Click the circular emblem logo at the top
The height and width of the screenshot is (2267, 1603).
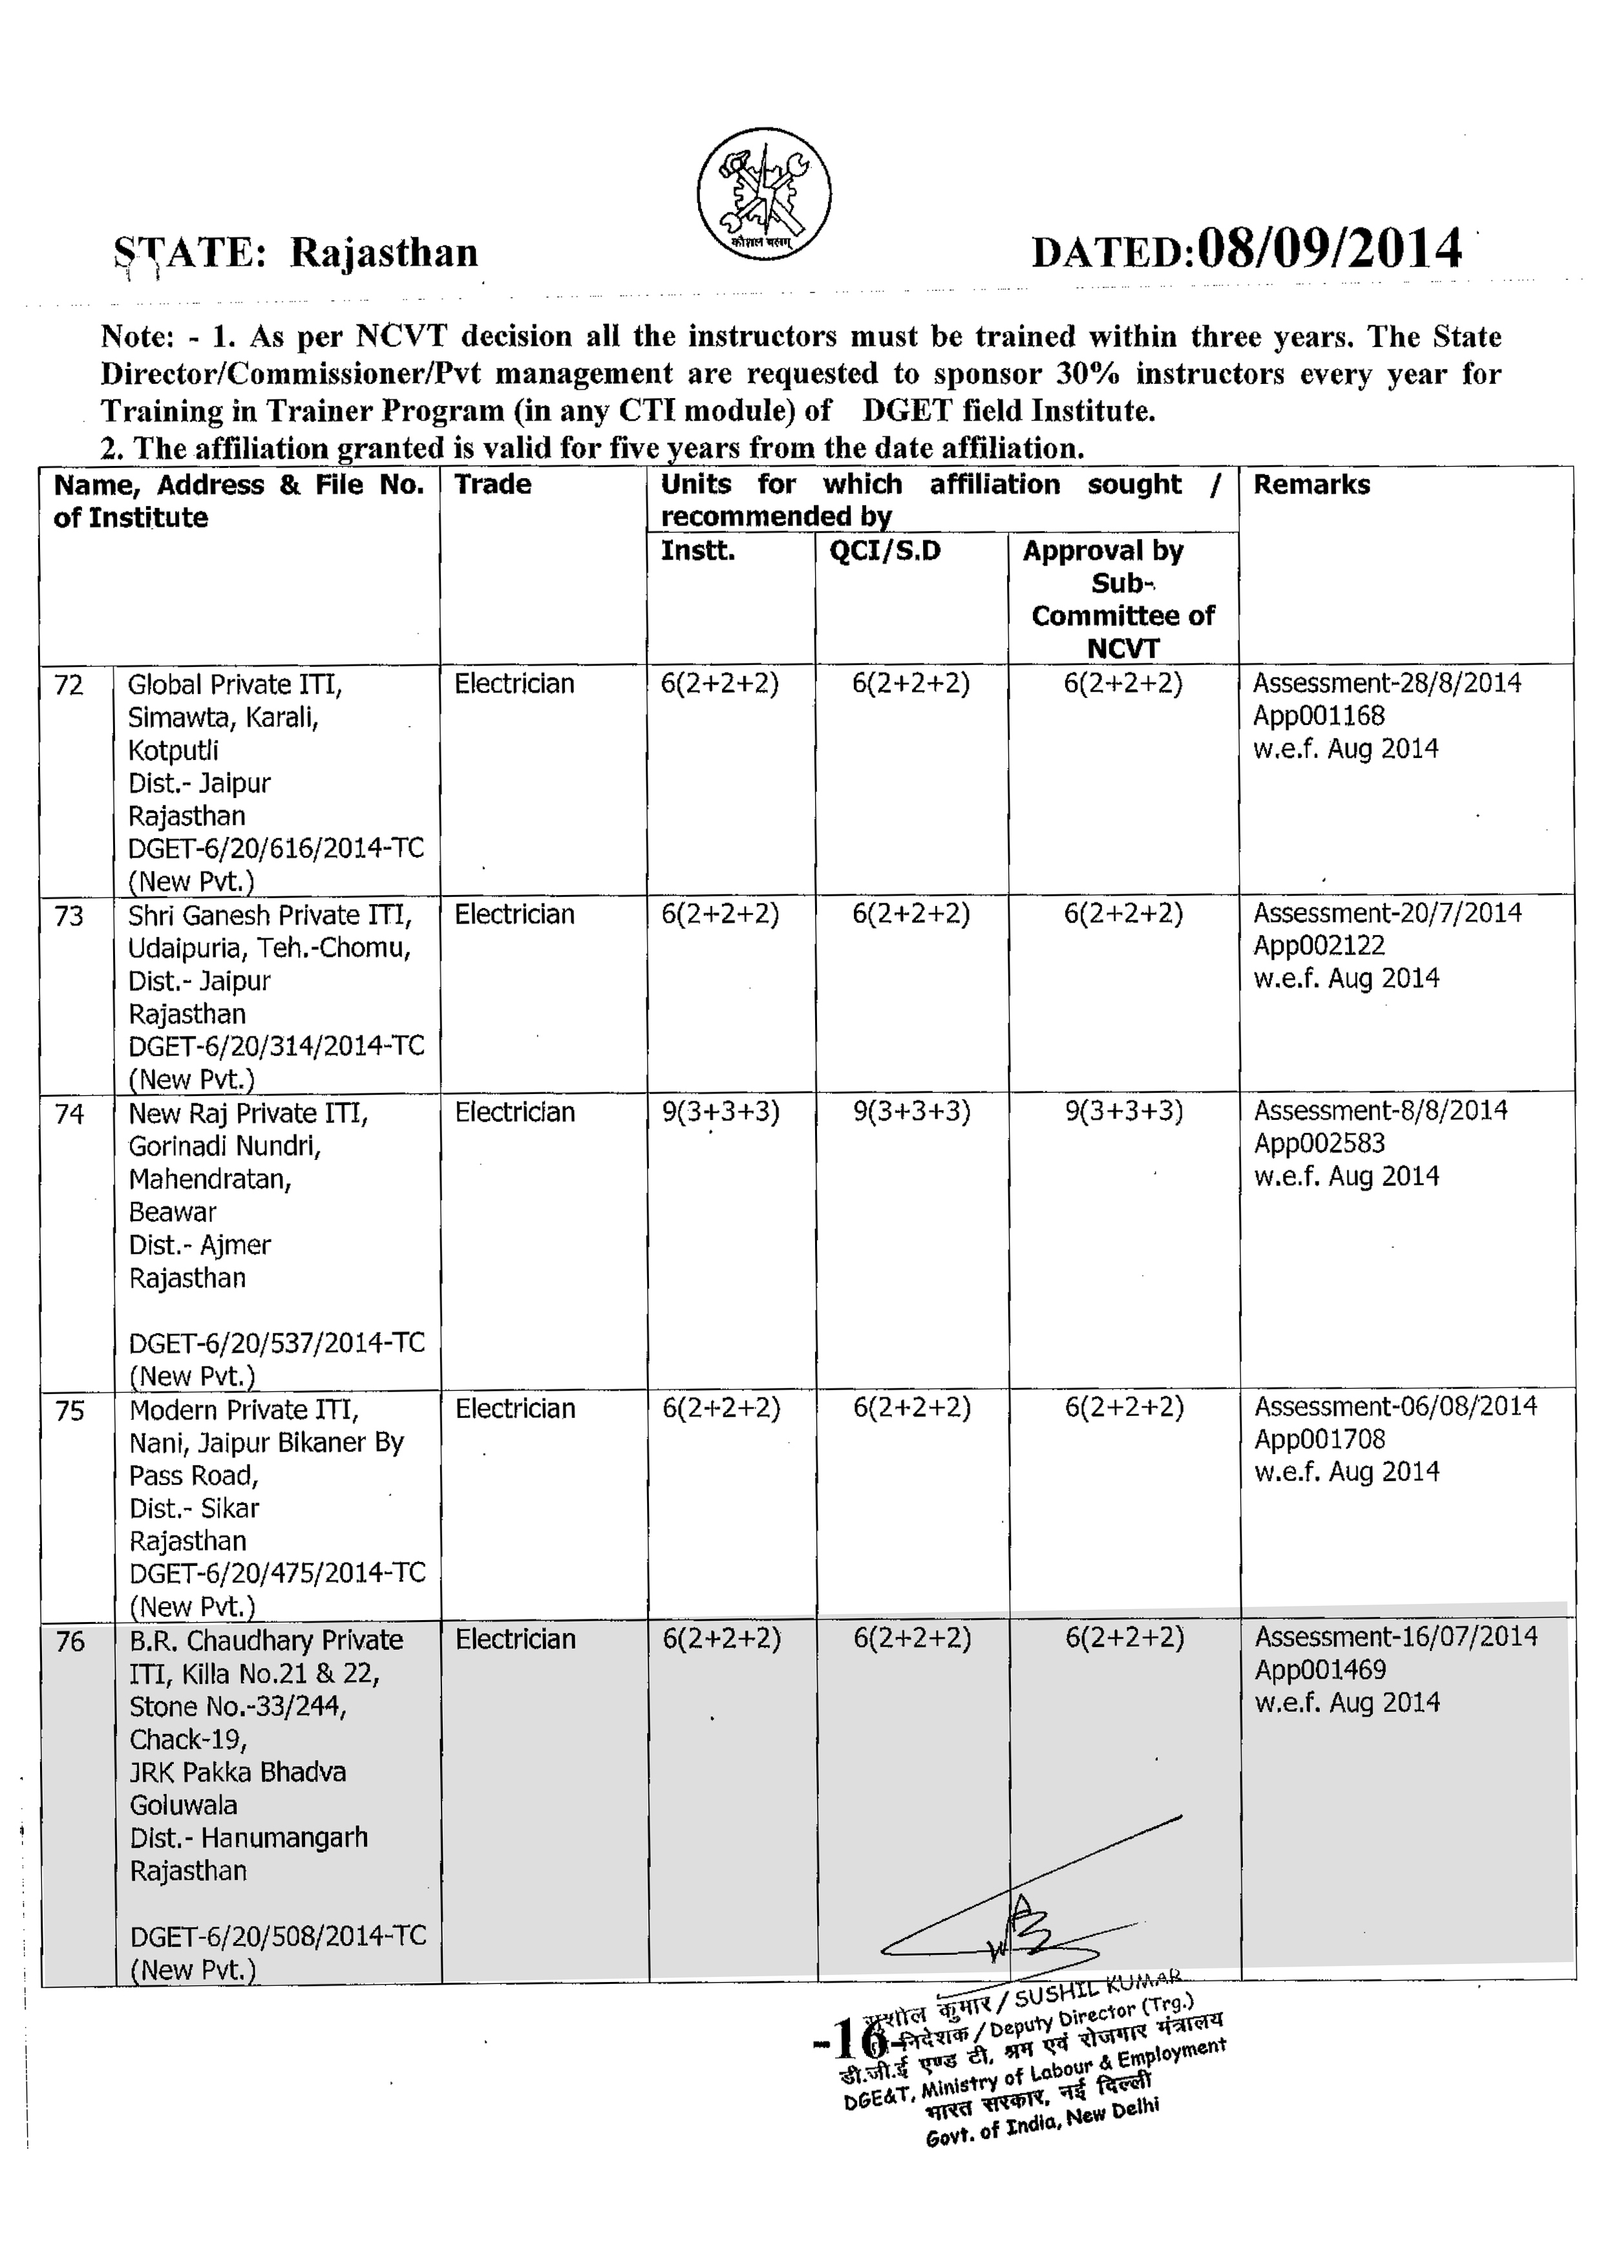tap(763, 193)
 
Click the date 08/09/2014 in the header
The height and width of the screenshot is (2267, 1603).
tap(1328, 249)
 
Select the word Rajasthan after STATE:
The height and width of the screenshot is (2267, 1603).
tap(383, 253)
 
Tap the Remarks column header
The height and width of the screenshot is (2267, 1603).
tap(1311, 485)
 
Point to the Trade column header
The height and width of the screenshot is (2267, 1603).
tap(492, 484)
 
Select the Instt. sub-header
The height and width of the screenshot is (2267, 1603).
tap(697, 551)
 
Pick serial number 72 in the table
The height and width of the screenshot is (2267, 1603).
tap(69, 685)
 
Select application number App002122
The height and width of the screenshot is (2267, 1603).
tap(1319, 946)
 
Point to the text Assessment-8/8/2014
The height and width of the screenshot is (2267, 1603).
tap(1380, 1111)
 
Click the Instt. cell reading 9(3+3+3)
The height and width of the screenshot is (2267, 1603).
tap(720, 1113)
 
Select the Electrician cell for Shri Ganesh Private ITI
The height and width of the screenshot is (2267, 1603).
tap(514, 915)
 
